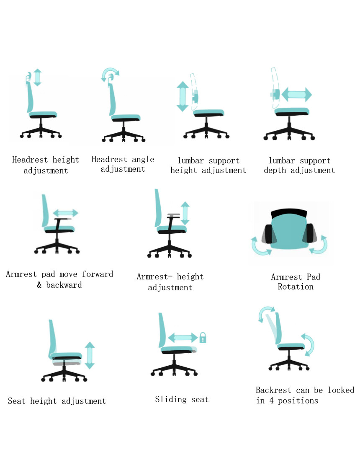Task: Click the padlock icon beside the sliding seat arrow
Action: pos(203,338)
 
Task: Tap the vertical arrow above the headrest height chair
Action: pos(38,77)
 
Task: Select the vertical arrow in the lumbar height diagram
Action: pos(183,96)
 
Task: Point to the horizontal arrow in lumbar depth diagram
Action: pos(297,95)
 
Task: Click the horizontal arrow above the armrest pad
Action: pos(65,213)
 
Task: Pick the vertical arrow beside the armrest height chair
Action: pos(185,213)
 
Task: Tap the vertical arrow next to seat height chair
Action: pos(90,355)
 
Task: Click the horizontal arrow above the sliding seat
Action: pos(183,338)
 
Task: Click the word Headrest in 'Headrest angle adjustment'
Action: pos(109,159)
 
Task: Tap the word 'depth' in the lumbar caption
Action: pos(275,170)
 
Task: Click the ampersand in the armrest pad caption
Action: pos(39,285)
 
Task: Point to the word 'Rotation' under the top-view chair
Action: pos(296,287)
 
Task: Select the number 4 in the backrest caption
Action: pos(271,400)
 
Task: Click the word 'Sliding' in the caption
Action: pos(171,400)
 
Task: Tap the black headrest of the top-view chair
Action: pos(289,213)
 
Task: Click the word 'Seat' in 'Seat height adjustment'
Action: pos(17,401)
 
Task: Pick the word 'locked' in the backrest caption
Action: pos(341,390)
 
